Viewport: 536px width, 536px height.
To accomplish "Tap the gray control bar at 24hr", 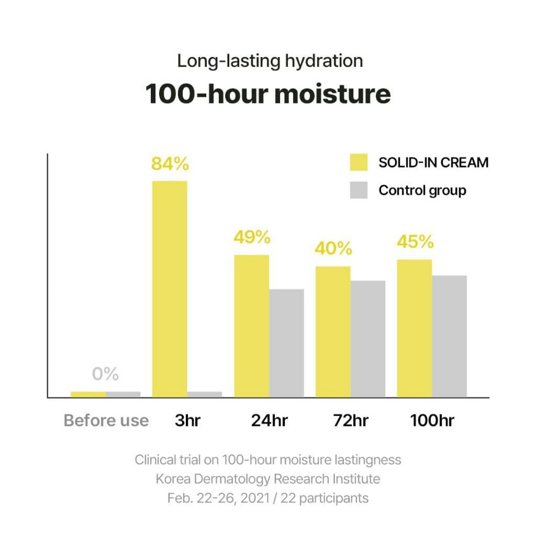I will pyautogui.click(x=286, y=343).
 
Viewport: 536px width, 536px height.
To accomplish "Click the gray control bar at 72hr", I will pyautogui.click(x=368, y=339).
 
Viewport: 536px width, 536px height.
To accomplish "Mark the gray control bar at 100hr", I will pyautogui.click(x=449, y=336).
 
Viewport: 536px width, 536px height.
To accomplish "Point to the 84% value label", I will pyautogui.click(x=170, y=164).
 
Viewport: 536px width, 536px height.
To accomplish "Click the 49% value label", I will pyautogui.click(x=252, y=237).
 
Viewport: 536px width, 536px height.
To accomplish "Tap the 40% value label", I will pyautogui.click(x=333, y=248).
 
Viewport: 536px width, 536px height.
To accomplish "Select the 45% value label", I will pyautogui.click(x=415, y=242).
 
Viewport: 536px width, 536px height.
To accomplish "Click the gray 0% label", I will pyautogui.click(x=106, y=374).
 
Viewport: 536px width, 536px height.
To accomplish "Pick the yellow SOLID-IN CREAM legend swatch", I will pyautogui.click(x=359, y=162).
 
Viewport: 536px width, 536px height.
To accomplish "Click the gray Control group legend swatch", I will pyautogui.click(x=359, y=190).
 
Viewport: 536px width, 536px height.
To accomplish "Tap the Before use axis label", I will pyautogui.click(x=106, y=420).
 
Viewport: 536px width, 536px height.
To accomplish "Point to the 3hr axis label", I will pyautogui.click(x=187, y=420).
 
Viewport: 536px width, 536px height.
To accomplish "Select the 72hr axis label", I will pyautogui.click(x=351, y=420).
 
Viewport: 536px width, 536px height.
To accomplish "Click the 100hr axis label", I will pyautogui.click(x=432, y=420).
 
